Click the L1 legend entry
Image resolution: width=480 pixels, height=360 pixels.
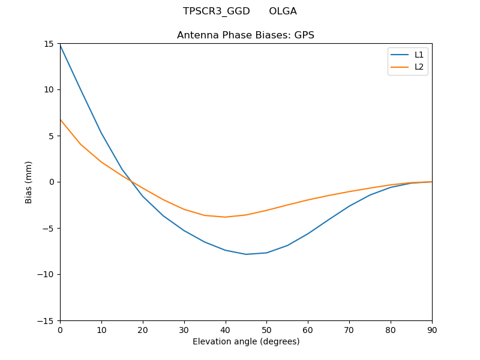419,55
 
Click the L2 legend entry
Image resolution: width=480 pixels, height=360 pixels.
419,67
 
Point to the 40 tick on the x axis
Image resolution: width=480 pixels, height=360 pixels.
226,320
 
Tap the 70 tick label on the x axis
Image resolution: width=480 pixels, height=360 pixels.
349,329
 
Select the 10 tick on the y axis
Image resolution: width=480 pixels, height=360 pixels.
60,89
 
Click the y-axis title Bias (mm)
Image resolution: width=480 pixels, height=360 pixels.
29,182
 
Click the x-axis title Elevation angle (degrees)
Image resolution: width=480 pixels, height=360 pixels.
246,341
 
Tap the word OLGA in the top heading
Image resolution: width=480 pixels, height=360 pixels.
283,11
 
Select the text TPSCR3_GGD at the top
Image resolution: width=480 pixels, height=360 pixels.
216,11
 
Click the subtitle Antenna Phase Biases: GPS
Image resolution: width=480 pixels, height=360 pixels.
246,35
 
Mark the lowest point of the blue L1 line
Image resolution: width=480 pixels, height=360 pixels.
246,254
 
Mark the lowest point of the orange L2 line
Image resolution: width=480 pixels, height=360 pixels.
226,217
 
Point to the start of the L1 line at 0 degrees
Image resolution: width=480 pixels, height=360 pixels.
60,45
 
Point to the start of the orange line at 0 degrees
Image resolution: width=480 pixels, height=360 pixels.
60,119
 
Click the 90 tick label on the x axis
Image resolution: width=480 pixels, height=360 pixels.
432,329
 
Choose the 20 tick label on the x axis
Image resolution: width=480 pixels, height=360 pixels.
143,329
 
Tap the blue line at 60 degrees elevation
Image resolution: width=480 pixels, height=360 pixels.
308,234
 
